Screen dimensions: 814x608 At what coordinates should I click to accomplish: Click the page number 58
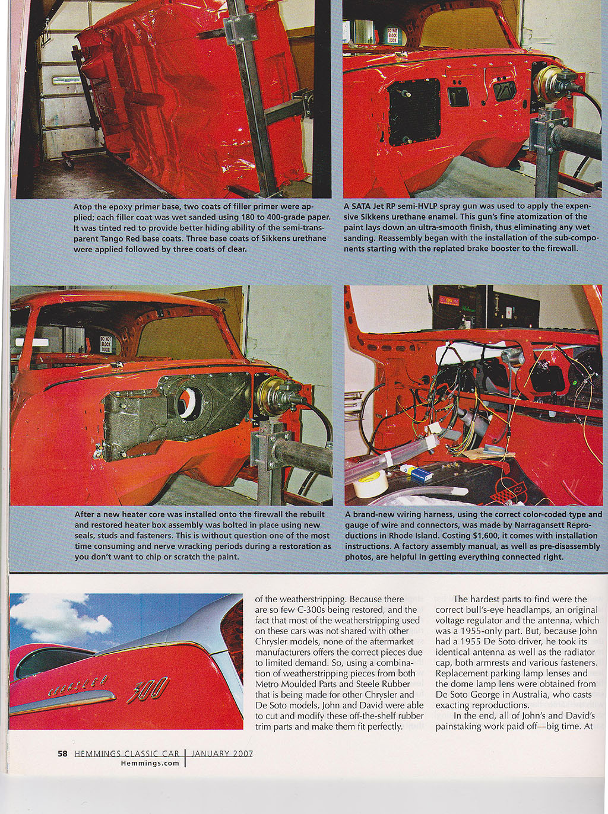pos(62,753)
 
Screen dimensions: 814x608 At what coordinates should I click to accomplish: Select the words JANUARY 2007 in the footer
pos(222,753)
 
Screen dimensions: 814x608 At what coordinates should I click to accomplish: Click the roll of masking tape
pos(370,486)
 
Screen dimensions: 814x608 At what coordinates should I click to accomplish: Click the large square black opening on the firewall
pos(414,112)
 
